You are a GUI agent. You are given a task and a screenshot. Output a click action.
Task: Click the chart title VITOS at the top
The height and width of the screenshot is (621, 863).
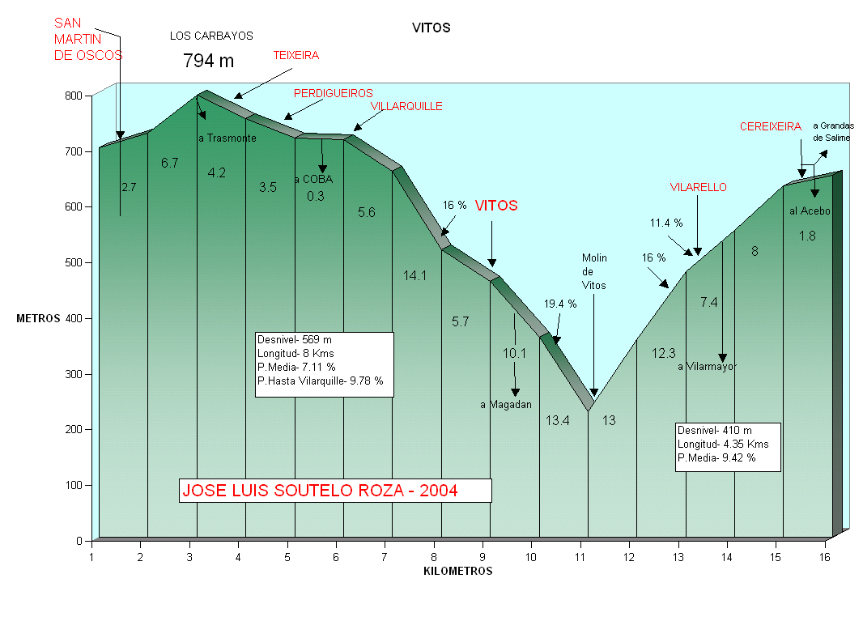pos(431,28)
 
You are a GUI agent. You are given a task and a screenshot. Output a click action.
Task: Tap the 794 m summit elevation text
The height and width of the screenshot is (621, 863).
pos(208,60)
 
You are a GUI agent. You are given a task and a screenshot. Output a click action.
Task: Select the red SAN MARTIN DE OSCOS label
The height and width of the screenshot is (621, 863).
pos(87,39)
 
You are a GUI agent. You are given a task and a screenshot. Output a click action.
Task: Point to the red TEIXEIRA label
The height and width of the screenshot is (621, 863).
pos(295,56)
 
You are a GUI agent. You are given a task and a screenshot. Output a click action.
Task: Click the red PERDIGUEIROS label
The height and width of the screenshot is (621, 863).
pos(333,93)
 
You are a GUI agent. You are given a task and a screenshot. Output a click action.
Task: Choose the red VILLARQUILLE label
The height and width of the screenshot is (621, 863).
pos(406,106)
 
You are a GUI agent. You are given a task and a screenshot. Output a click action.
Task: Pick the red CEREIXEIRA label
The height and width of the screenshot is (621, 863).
pos(770,126)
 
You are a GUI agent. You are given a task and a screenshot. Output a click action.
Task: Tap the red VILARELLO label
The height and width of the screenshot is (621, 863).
pos(698,187)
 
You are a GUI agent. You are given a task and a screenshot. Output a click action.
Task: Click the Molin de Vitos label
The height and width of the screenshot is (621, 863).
pos(594,272)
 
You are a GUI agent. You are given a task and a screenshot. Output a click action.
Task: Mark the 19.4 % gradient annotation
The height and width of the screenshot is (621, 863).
pos(560,304)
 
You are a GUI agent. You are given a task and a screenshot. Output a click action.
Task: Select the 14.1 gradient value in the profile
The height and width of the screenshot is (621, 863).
pos(414,275)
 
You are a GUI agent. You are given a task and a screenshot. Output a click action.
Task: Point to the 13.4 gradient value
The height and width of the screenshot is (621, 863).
pos(557,420)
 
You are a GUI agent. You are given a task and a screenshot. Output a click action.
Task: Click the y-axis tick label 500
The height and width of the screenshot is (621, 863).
pos(74,262)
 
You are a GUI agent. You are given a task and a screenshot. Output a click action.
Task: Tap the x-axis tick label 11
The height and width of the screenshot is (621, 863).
pos(580,557)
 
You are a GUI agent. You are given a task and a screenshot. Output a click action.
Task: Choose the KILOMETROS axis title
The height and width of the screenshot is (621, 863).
pos(457,571)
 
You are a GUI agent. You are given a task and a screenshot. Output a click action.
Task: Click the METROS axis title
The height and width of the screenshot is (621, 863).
pos(38,318)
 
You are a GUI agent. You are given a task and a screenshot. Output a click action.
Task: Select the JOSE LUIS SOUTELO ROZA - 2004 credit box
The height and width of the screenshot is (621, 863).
pos(335,491)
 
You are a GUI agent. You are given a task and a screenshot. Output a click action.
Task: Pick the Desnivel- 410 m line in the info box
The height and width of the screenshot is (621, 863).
pos(715,431)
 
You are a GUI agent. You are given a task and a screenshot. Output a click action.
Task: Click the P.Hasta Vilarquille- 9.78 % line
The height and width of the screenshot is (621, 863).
pos(320,381)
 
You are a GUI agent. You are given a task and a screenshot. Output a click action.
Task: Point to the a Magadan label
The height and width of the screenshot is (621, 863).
pos(505,405)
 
